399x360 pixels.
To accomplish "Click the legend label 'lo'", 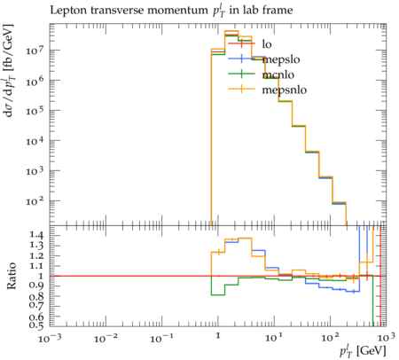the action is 267,44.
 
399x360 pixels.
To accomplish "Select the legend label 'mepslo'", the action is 281,59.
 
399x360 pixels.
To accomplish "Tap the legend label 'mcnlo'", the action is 278,74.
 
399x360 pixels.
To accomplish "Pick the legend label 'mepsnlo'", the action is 285,90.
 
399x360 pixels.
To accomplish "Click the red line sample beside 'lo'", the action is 241,43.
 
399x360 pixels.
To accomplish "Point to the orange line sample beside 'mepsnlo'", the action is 241,89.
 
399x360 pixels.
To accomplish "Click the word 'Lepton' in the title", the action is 68,11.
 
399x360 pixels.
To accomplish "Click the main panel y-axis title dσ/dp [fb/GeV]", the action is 9,71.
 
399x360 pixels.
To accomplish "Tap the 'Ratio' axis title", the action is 12,276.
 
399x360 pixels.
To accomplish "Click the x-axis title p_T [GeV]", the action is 363,350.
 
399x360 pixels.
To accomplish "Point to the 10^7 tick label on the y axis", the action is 36,50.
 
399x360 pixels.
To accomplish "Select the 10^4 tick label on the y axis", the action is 36,140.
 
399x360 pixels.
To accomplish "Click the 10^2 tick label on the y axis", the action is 36,201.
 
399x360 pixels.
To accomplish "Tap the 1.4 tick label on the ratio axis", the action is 36,235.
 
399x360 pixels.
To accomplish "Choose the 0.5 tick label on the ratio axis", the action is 36,325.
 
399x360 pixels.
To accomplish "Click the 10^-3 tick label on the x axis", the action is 50,338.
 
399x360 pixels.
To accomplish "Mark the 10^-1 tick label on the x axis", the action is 161,338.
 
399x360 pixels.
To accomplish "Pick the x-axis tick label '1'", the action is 218,336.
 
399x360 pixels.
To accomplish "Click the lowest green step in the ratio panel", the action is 218,294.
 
